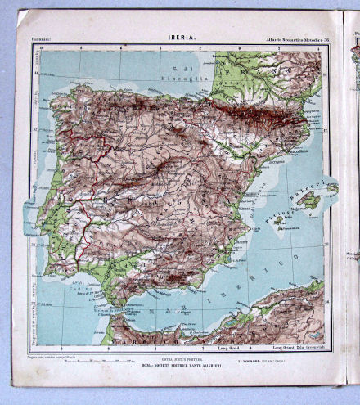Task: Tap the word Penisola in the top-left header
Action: click(x=43, y=38)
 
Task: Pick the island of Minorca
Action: click(x=332, y=188)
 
